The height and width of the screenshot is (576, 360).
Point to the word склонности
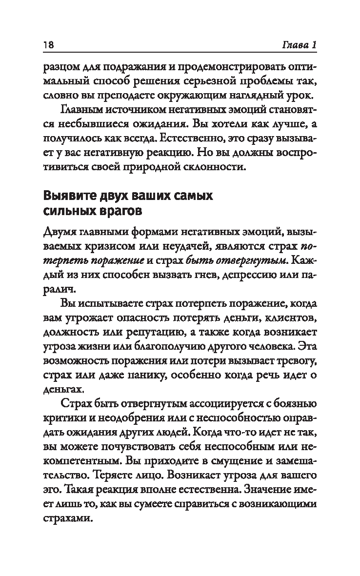pyautogui.click(x=217, y=168)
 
